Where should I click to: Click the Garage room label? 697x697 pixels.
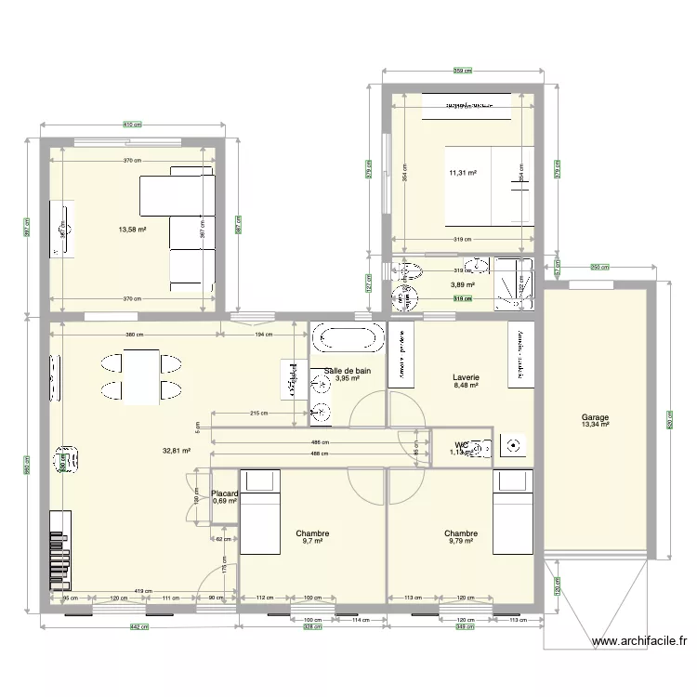coord(595,417)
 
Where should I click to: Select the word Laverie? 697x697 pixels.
coord(466,377)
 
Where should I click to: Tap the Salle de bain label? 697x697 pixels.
coord(348,371)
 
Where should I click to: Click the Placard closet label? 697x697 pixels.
coord(225,493)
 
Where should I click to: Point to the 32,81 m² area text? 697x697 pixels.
coord(177,451)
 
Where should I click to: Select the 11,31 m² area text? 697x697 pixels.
coord(462,173)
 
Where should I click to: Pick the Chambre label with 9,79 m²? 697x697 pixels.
coord(461,533)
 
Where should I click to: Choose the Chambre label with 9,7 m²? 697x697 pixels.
coord(313,533)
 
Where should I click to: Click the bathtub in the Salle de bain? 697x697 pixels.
coord(347,338)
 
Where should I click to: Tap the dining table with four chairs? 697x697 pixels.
coord(140,377)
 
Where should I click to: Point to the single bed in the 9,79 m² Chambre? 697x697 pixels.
coord(513,511)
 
